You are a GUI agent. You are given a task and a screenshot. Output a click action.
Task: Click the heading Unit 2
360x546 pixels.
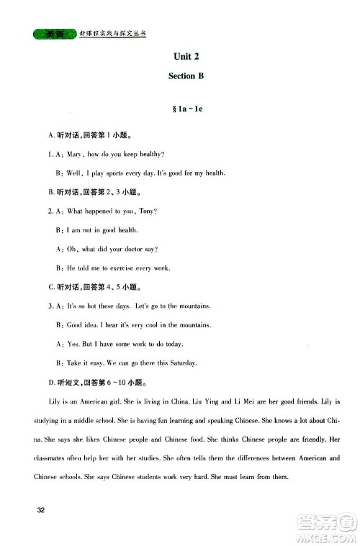point(186,57)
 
